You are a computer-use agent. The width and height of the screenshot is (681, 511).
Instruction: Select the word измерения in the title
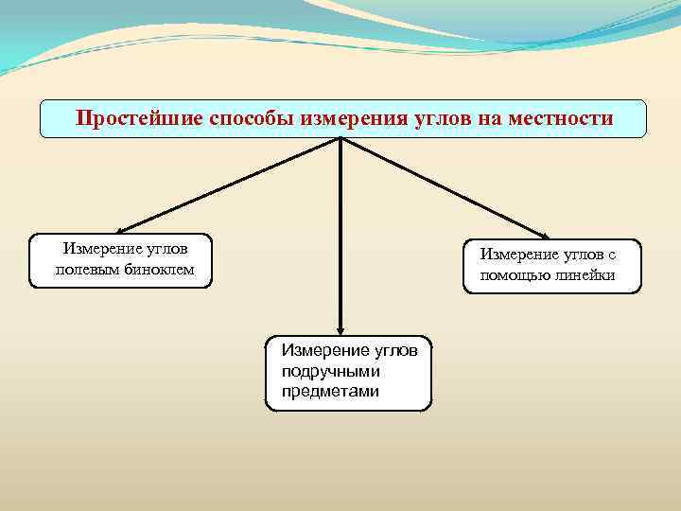click(353, 119)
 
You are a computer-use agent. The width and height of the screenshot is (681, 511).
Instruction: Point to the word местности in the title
click(561, 119)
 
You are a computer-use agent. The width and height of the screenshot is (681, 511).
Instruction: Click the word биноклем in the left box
click(161, 270)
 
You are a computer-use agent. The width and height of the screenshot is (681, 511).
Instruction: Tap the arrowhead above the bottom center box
click(340, 327)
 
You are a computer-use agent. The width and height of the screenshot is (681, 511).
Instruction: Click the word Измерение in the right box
click(518, 255)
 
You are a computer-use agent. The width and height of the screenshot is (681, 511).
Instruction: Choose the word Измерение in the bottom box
click(324, 351)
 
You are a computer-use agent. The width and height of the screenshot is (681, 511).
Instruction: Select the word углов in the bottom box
click(396, 351)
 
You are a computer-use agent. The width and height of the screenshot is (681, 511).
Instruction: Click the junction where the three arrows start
click(340, 140)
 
